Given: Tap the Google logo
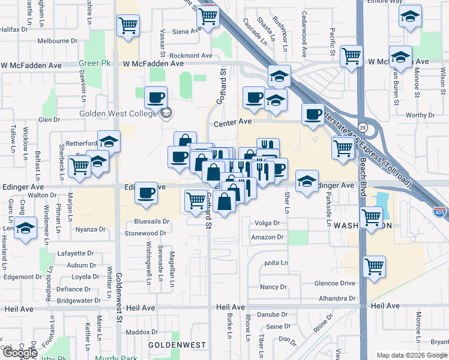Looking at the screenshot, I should [20, 353].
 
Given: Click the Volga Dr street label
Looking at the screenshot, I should [268, 223].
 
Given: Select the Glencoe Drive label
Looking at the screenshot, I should [335, 284].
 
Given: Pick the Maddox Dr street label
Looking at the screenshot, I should [142, 331].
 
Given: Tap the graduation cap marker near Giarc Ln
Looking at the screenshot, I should [25, 229].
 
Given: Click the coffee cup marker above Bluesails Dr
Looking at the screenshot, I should [146, 193].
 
